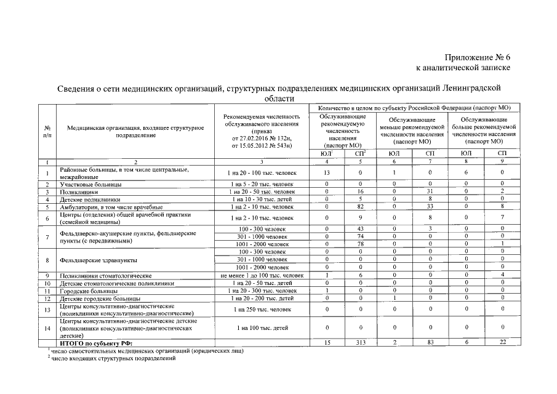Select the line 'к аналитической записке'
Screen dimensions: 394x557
(463, 67)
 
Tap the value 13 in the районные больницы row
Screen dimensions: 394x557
(326, 173)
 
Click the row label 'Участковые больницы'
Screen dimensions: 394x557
(90, 184)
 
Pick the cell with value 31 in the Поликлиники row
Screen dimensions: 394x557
(430, 192)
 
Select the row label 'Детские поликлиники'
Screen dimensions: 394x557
(90, 199)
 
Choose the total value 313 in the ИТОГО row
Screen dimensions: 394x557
(361, 342)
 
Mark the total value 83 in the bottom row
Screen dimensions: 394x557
(430, 342)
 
